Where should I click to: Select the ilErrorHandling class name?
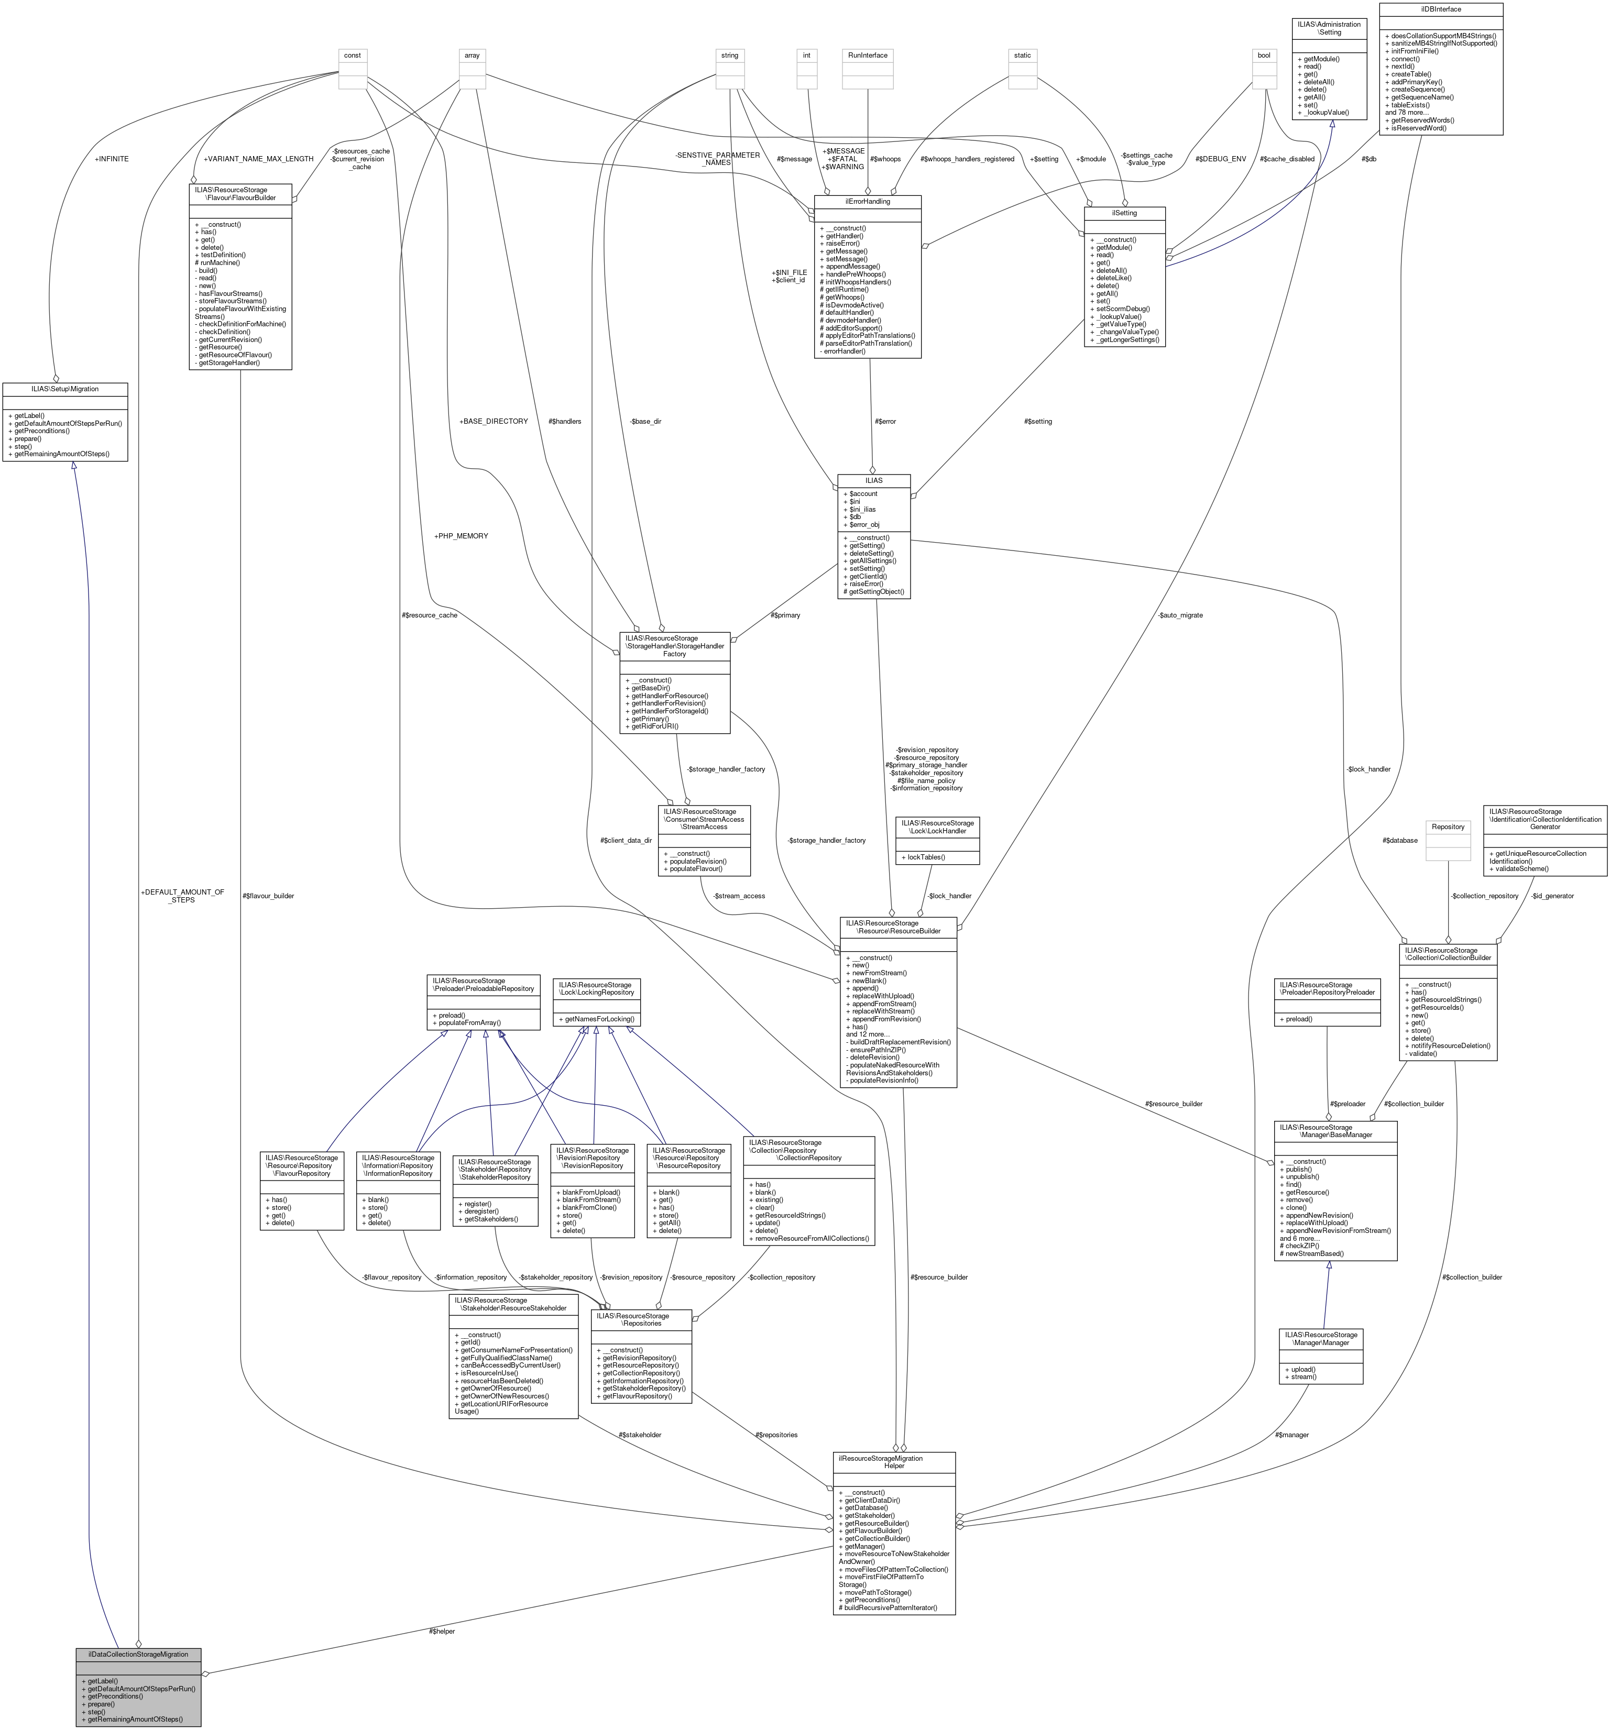click(867, 202)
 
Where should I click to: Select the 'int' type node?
click(807, 55)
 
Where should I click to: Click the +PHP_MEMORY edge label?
click(461, 536)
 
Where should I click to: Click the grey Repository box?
click(1447, 827)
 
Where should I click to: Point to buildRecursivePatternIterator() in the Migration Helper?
click(888, 1607)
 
